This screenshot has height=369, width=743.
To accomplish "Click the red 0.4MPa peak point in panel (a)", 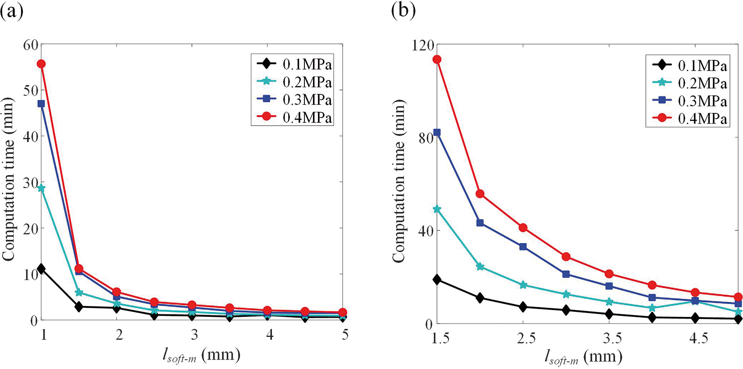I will click(x=41, y=64).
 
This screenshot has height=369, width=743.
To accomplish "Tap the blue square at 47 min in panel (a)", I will click(x=41, y=104).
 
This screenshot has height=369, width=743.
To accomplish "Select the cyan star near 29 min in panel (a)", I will click(x=41, y=188).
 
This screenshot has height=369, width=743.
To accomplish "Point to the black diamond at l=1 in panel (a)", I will click(x=41, y=269).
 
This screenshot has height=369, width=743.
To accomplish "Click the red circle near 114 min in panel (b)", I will click(x=437, y=59).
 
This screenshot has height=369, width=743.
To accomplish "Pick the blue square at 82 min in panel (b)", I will click(x=437, y=132).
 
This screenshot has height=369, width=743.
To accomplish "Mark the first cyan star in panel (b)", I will click(x=437, y=209).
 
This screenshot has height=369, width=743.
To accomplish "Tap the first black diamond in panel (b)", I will click(x=437, y=279).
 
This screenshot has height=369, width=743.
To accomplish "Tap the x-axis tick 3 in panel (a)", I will click(x=194, y=335).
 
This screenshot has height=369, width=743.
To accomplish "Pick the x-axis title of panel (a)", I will click(x=201, y=355).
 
